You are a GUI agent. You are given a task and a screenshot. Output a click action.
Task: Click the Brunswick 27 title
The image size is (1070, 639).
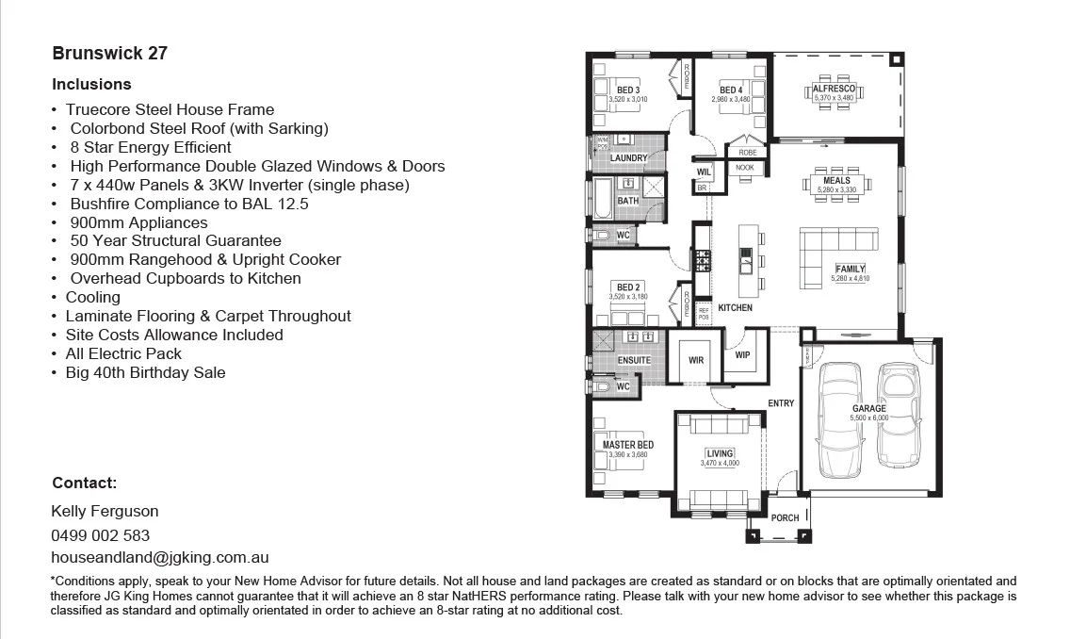[109, 53]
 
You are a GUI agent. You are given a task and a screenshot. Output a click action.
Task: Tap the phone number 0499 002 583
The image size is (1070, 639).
[100, 534]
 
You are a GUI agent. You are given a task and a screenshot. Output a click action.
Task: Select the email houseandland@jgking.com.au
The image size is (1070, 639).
[160, 558]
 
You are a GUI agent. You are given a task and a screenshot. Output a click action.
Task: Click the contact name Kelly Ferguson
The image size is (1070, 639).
[105, 511]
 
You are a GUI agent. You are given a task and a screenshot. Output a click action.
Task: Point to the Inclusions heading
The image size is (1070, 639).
[91, 84]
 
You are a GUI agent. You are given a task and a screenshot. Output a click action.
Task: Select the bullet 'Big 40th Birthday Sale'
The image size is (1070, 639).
[145, 372]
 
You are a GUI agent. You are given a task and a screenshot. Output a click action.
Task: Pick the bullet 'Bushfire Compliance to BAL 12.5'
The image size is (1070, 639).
[188, 204]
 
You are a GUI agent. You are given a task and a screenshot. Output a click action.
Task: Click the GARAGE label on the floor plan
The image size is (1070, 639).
[868, 409]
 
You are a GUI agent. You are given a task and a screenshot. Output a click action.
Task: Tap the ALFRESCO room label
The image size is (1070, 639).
[834, 89]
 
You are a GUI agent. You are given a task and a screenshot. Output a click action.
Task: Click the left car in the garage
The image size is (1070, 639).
[841, 420]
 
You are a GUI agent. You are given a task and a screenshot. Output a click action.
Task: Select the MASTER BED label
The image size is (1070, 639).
[627, 445]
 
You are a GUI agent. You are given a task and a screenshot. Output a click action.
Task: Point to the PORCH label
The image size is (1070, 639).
[785, 517]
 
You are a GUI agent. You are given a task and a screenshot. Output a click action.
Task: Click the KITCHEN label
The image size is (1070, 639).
[735, 308]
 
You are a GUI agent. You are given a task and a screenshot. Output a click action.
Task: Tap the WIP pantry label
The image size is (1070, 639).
[742, 355]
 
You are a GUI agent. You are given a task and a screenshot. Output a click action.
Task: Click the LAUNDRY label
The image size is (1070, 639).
[628, 158]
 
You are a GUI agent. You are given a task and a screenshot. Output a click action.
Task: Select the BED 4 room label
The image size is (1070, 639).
[731, 90]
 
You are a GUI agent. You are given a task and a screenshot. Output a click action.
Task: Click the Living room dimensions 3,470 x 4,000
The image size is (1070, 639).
[720, 463]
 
